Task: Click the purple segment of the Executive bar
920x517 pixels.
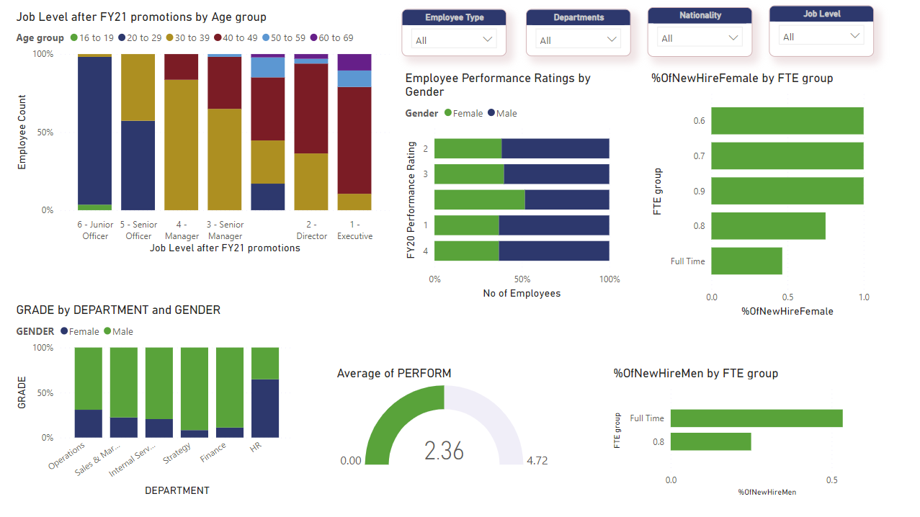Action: tap(354, 62)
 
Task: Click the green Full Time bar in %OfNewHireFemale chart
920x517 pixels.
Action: tap(746, 261)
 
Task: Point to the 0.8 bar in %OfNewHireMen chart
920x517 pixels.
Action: tap(710, 441)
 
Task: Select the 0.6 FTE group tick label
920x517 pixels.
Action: tap(699, 121)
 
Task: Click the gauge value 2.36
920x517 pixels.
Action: tap(444, 451)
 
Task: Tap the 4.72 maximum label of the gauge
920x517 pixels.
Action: tap(537, 461)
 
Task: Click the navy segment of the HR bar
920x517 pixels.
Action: tap(265, 408)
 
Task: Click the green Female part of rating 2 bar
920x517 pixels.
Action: tap(468, 149)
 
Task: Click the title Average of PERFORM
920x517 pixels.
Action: tap(394, 373)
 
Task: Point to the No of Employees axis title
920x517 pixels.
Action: tap(521, 293)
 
